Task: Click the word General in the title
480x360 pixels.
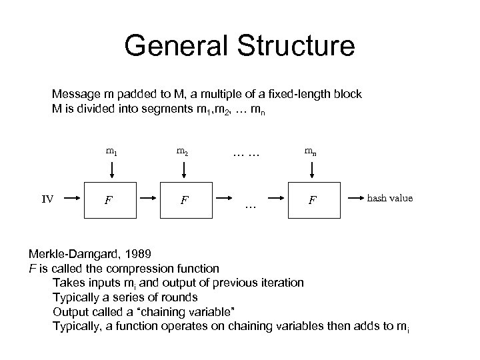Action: [173, 47]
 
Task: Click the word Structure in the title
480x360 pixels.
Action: [293, 47]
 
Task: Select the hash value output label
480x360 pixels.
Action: [390, 198]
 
